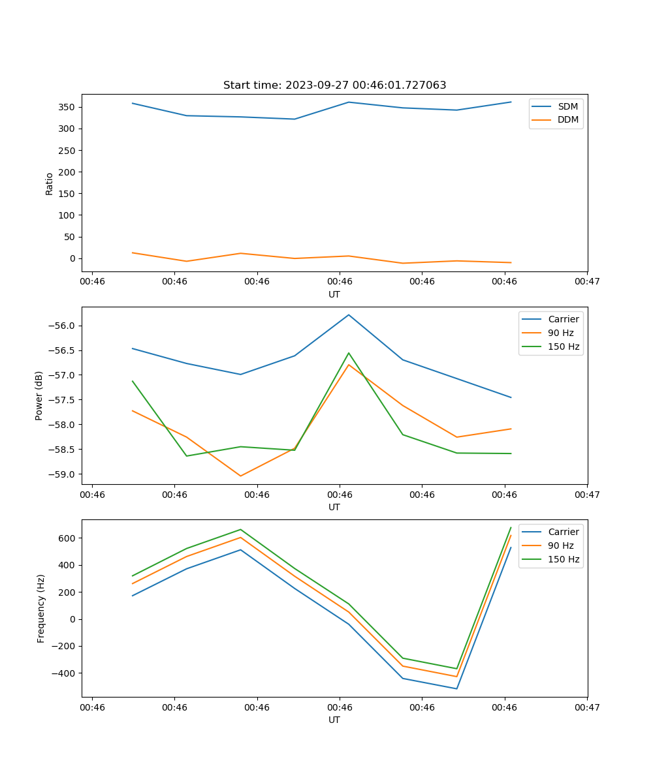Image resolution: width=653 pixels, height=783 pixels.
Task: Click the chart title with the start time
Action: click(334, 85)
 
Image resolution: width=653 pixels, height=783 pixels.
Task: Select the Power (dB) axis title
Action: click(39, 395)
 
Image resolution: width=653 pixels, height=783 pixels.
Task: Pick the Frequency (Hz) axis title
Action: click(40, 608)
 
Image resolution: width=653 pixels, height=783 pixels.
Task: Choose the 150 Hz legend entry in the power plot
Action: click(564, 346)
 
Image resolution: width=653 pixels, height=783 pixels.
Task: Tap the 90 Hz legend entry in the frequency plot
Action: click(560, 545)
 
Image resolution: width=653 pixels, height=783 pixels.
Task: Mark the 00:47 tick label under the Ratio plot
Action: click(587, 281)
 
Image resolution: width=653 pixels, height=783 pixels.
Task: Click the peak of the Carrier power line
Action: click(349, 315)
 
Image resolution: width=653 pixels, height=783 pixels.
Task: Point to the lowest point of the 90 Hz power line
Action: click(240, 476)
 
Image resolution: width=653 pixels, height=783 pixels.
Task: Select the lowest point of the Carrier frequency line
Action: click(456, 688)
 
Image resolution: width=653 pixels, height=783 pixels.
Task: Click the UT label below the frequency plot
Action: click(334, 720)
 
